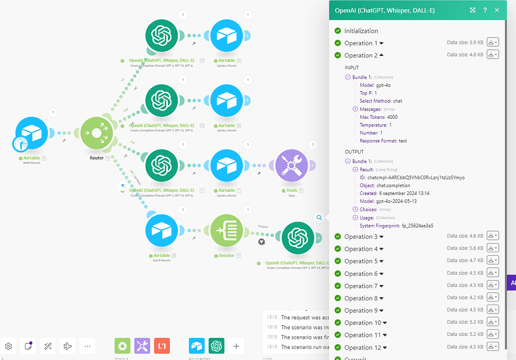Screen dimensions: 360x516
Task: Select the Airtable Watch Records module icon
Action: tap(31, 133)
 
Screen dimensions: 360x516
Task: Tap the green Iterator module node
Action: tap(226, 231)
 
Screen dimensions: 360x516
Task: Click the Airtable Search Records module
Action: tap(162, 231)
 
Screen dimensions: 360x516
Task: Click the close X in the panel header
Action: tap(497, 10)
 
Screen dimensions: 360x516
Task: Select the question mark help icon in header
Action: tap(485, 10)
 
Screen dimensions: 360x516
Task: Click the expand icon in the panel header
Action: tap(473, 10)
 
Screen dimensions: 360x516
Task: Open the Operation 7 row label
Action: tap(361, 286)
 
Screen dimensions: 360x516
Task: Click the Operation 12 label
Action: tap(362, 347)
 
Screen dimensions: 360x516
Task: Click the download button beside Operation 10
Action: tap(492, 322)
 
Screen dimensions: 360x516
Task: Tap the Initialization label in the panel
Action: tap(361, 31)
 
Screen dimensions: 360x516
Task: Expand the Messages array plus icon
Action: tap(355, 109)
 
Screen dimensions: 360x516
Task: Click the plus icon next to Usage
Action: tap(355, 218)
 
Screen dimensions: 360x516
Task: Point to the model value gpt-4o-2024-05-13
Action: tap(397, 201)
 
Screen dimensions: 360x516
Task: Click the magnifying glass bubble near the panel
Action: tap(319, 218)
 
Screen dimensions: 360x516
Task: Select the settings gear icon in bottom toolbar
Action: tap(9, 346)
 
